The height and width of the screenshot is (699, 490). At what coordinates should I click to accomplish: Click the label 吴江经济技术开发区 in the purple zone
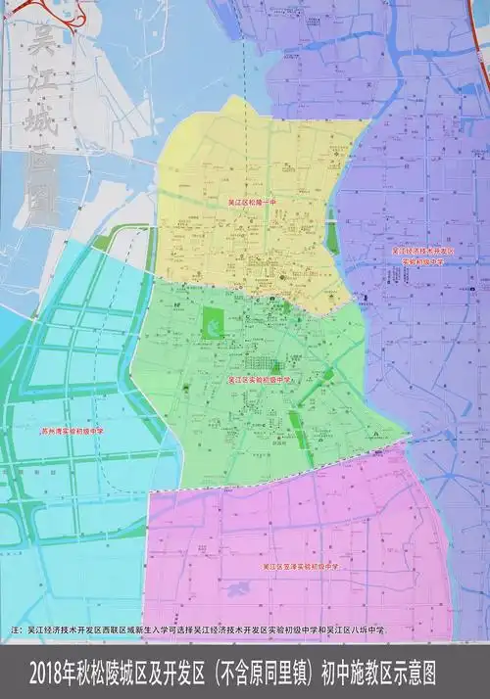424,252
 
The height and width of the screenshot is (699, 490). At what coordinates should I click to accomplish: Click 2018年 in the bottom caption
57,675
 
